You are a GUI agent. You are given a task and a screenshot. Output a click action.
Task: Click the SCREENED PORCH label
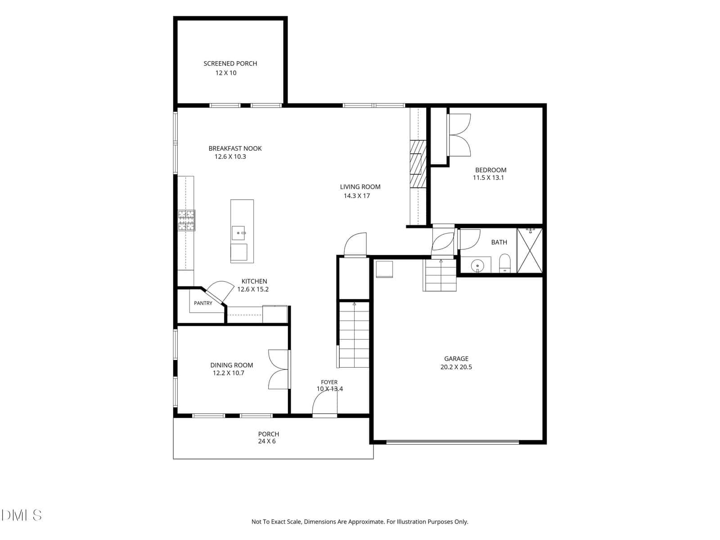coord(230,63)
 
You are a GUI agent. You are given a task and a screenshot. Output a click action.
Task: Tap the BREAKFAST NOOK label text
coord(235,148)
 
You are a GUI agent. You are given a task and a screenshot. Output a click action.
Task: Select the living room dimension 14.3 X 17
coord(356,196)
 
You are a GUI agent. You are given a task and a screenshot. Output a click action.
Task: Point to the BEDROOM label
coord(490,170)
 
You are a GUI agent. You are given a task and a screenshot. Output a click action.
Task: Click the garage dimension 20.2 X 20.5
coord(456,367)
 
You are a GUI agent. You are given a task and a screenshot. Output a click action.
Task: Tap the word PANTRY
coord(203,303)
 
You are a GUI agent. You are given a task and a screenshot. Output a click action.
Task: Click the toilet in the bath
coord(505,263)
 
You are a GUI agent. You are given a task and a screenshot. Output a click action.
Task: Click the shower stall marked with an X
coord(529,251)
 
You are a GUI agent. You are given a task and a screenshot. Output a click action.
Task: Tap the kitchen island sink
coord(238,233)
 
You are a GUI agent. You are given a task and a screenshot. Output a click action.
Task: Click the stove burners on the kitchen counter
coord(186,220)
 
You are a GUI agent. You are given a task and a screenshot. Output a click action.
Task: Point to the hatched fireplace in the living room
coord(418,164)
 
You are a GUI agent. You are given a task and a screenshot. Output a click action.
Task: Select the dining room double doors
coord(279,369)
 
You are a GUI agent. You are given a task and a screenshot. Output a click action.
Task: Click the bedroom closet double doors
coord(459,135)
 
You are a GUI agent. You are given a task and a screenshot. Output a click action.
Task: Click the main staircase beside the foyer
coord(354,334)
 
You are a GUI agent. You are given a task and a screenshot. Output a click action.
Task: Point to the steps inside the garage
coord(440,275)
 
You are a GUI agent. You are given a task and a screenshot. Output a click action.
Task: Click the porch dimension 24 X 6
coord(267,441)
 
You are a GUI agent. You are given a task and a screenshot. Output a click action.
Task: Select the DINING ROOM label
coord(232,365)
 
